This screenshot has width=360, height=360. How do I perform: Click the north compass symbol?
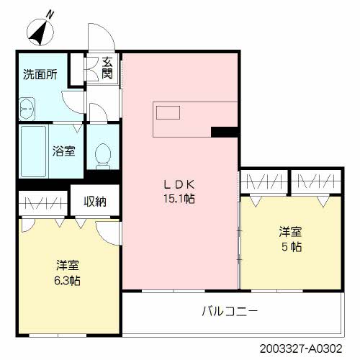[40, 32]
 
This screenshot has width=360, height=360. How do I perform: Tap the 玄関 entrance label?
[107, 68]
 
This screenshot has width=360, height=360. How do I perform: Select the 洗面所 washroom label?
[40, 75]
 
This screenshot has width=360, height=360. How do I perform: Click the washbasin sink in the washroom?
[27, 109]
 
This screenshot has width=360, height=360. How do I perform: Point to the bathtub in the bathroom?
[34, 151]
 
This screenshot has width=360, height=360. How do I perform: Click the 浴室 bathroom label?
[64, 151]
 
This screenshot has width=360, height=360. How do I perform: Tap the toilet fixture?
[103, 156]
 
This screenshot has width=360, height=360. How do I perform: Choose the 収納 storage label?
[95, 202]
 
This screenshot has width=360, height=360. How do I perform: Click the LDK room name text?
[179, 184]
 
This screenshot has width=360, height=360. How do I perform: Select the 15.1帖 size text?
[179, 199]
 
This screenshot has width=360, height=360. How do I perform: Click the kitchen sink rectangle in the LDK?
[168, 112]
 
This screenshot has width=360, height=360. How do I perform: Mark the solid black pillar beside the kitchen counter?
[225, 132]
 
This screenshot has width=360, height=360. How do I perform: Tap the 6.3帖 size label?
[67, 281]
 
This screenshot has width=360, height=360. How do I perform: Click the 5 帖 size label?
[292, 247]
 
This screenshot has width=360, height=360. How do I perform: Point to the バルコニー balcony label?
[230, 311]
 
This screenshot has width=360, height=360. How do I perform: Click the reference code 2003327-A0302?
[301, 348]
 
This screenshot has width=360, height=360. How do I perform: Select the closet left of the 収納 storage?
[43, 204]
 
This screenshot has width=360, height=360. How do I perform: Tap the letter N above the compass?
[50, 15]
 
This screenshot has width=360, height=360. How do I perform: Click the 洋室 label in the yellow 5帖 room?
[290, 232]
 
